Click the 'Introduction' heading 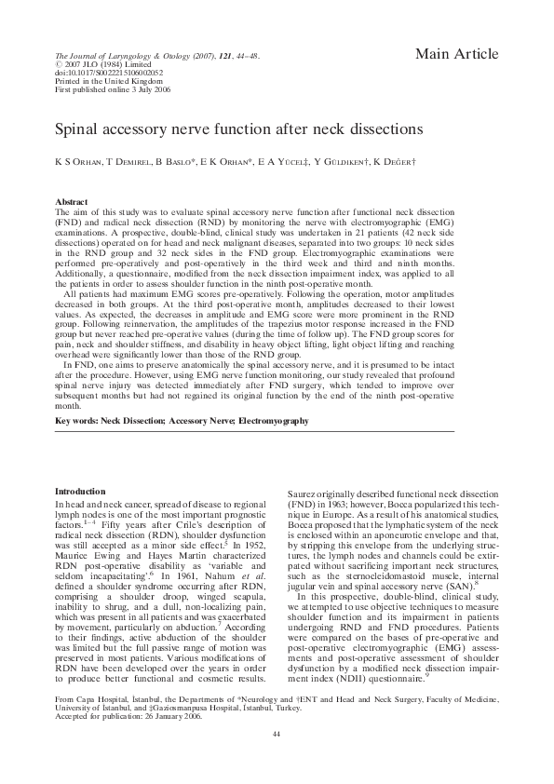81,491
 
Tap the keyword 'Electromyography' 274,422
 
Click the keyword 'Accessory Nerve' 200,422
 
